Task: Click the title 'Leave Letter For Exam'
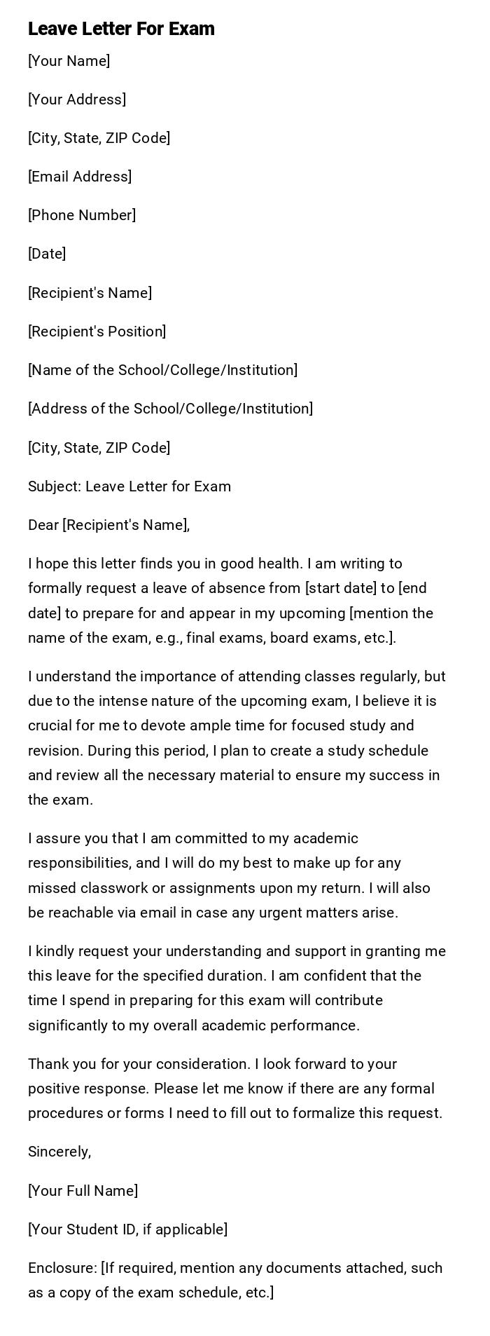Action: [x=121, y=29]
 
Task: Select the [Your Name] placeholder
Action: [x=69, y=61]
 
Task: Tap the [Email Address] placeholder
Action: [x=80, y=177]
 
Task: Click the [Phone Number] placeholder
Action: [x=82, y=215]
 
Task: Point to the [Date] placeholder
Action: [x=47, y=254]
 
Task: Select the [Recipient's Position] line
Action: [x=97, y=332]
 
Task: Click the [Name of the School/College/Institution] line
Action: [x=162, y=370]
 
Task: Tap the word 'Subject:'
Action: [x=55, y=486]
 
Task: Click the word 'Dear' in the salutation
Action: [x=43, y=525]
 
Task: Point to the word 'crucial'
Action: [x=50, y=725]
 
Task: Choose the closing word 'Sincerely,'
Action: [x=59, y=1152]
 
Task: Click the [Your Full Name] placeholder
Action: [x=83, y=1191]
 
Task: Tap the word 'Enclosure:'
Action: [x=62, y=1268]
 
